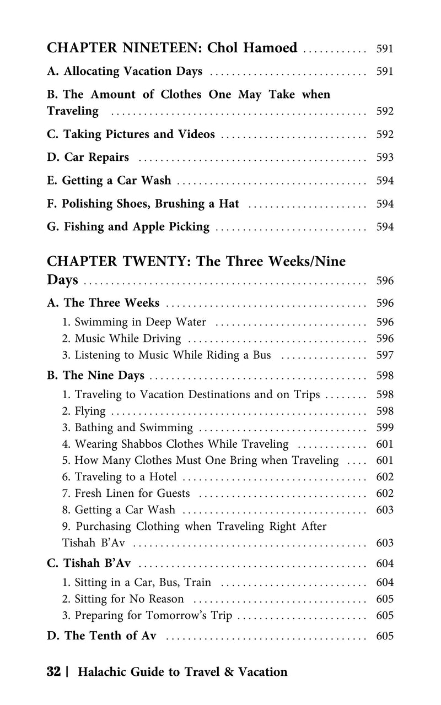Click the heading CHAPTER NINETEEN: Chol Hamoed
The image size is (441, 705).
(172, 48)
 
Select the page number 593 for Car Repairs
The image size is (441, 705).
(384, 158)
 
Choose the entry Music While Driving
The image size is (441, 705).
(127, 339)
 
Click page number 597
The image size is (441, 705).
(384, 356)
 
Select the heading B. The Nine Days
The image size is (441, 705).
(96, 376)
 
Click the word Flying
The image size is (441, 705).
(90, 411)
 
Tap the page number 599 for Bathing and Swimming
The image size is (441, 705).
(384, 428)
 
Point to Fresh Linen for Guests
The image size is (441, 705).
(132, 493)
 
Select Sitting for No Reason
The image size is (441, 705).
(129, 599)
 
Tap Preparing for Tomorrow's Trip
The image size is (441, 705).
(153, 615)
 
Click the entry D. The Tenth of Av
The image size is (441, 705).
(102, 636)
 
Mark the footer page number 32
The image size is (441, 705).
(53, 672)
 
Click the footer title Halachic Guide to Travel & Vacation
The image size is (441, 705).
(183, 672)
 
